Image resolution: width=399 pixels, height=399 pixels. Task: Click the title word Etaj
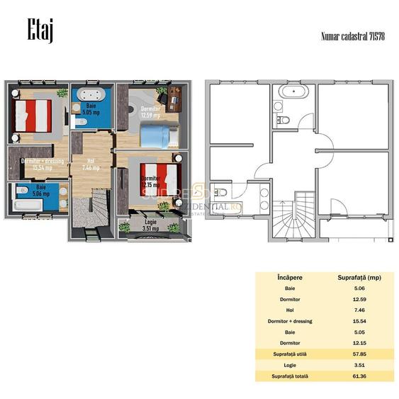41,31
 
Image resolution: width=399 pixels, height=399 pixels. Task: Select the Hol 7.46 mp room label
91,165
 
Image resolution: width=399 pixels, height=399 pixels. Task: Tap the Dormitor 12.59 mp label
150,112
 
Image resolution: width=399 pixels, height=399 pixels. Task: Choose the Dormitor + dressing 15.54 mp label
43,164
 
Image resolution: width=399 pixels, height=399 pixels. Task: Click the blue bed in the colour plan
157,135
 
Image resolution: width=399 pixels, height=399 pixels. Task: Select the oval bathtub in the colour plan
92,94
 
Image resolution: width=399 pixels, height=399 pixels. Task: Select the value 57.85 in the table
359,354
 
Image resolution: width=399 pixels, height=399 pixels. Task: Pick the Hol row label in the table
287,310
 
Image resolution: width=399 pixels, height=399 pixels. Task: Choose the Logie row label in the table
287,365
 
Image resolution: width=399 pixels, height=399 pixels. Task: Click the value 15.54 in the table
359,321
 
